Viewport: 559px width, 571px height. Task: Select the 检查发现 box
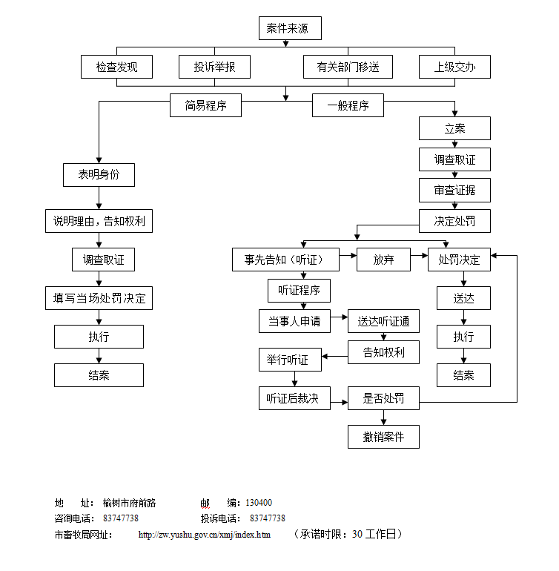(x=116, y=67)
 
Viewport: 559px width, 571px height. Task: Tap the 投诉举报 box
(x=215, y=67)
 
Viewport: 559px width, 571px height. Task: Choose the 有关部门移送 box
(x=348, y=67)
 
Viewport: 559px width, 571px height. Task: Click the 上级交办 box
(x=454, y=67)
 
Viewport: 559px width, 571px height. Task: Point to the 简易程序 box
(x=206, y=105)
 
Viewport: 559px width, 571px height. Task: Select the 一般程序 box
(x=348, y=105)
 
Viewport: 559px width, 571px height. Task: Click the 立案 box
(x=454, y=129)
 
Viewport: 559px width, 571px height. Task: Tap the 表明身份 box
(x=99, y=175)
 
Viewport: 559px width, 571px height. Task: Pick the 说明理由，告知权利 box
(x=99, y=221)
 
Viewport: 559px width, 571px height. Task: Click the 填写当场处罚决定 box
(x=99, y=299)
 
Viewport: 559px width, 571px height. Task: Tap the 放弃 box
(x=383, y=260)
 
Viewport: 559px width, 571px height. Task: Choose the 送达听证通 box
(x=383, y=322)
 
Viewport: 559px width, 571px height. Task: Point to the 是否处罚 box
(x=383, y=397)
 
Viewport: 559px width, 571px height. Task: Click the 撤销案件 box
(x=383, y=437)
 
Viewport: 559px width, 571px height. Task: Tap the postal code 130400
(x=258, y=503)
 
